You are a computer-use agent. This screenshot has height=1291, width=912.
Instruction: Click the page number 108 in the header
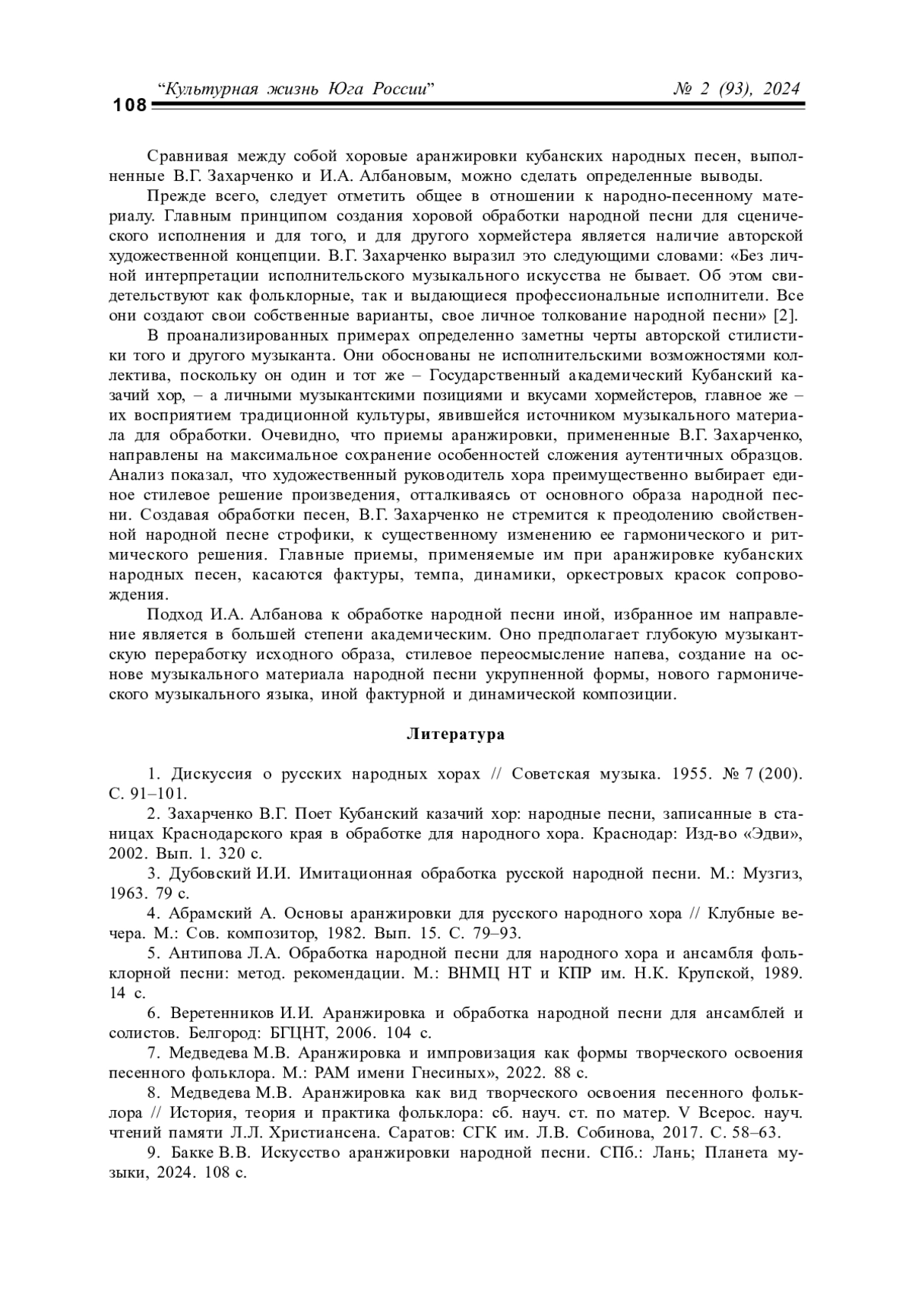click(x=130, y=106)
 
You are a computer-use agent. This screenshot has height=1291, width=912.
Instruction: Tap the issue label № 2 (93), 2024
click(x=737, y=89)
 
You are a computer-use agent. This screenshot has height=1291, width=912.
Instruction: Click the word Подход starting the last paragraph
click(x=175, y=614)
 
